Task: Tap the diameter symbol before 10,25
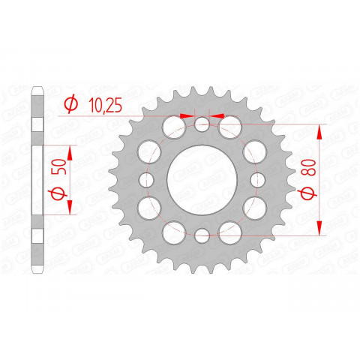71,105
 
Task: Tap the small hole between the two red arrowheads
202,124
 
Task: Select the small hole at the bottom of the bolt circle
202,237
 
